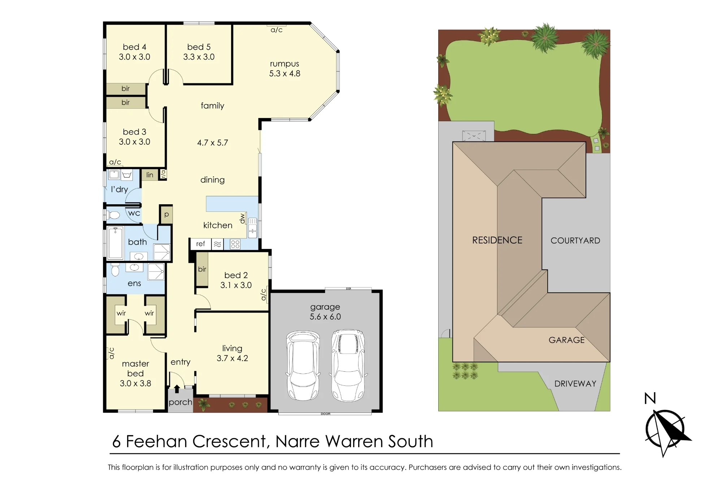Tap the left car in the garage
coord(303,366)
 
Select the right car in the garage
coord(348,365)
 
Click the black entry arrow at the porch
coord(177,389)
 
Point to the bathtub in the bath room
coord(116,242)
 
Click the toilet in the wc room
coord(113,215)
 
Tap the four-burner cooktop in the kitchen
coord(235,244)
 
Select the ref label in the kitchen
coord(201,244)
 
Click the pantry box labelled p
coord(166,215)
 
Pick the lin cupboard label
coord(150,175)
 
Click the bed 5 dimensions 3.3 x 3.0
coord(199,57)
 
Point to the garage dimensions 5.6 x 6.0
coord(325,317)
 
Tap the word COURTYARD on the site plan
coord(575,241)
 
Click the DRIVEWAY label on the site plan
coord(575,384)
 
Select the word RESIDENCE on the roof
coord(497,240)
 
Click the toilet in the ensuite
coord(115,270)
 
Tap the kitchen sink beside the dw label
coord(252,228)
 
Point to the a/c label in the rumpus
coord(277,30)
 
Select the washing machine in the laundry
coord(114,175)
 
